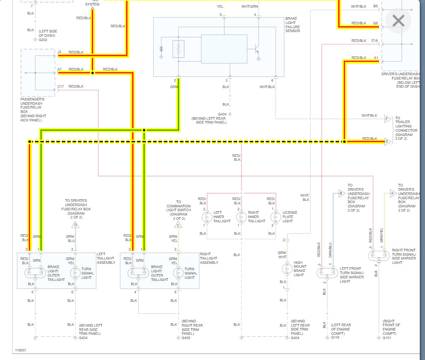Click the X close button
pos(398,21)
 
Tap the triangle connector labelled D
pos(76,225)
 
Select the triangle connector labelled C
pos(178,225)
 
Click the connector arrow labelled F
pos(387,119)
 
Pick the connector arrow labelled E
pos(387,142)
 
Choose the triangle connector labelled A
pos(392,193)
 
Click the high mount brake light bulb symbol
pos(287,269)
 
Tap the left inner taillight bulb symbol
pos(207,217)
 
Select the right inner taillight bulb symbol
pos(241,217)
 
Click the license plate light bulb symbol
pos(276,217)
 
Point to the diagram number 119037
pos(20,350)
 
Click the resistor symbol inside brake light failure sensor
pos(178,49)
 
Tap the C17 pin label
pos(61,87)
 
